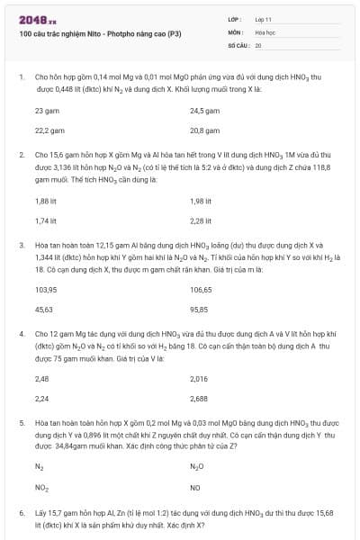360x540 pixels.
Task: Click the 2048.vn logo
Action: coord(37,19)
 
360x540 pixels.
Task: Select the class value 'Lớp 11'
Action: coord(264,18)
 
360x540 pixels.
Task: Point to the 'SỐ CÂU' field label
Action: coord(238,44)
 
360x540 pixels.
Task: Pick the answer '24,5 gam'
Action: coord(204,111)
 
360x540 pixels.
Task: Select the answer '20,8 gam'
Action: coord(204,130)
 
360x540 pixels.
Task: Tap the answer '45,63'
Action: coord(43,310)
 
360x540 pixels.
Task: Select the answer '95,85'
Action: coord(200,310)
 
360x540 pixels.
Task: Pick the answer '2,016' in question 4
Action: coord(199,379)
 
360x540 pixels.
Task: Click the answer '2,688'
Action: coord(199,399)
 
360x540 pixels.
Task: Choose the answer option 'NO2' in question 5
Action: coord(41,488)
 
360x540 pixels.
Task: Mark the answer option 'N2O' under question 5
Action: coord(197,468)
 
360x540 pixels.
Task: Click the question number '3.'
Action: coord(22,244)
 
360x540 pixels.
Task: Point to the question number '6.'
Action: coord(22,512)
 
